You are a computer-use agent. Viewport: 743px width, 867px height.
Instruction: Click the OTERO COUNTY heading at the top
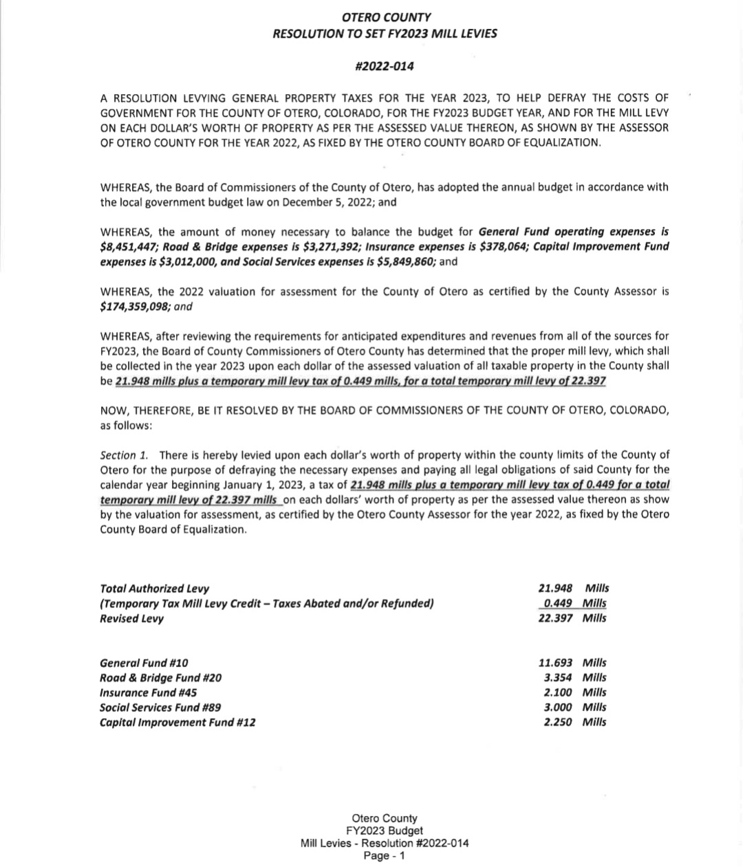point(385,18)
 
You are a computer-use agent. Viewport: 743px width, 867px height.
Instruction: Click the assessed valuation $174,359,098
point(134,307)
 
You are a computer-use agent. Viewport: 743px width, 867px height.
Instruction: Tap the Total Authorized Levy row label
point(155,589)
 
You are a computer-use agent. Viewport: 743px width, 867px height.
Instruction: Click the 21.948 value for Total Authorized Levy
point(554,589)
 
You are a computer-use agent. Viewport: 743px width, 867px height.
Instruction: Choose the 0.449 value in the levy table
point(557,604)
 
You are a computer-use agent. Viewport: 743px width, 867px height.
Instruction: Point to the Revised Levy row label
point(132,619)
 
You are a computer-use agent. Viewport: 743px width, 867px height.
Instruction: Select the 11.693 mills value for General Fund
point(554,663)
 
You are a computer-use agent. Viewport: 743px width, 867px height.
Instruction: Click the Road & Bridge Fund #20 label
point(161,678)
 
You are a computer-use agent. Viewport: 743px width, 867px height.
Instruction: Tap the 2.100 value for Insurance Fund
point(557,693)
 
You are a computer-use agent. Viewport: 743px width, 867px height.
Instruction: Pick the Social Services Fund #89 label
point(160,707)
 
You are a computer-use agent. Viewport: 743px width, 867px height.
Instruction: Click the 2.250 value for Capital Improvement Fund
point(557,723)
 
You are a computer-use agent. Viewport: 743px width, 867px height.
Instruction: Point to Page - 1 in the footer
point(385,856)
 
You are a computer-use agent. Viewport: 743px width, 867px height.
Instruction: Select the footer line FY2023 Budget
point(385,831)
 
